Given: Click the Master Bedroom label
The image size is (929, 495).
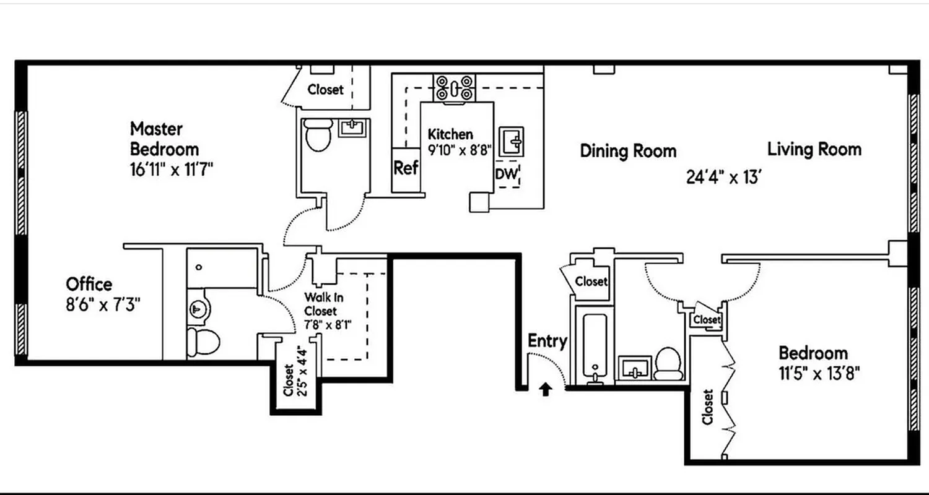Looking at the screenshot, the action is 164,139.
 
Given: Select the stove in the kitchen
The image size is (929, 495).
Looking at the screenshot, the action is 454,87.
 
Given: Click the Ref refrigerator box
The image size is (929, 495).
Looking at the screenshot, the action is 406,168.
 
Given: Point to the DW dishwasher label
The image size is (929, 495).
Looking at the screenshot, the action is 505,174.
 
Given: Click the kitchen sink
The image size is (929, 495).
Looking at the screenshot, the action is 512,142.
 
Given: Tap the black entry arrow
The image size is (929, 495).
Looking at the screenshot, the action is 545,389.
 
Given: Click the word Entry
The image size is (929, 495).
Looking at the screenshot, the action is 547,341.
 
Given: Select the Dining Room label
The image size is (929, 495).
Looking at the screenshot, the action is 628,151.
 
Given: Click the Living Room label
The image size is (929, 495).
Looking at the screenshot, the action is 814,149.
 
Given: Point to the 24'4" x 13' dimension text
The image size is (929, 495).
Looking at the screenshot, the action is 723,178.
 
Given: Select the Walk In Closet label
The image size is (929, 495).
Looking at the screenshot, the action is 324,304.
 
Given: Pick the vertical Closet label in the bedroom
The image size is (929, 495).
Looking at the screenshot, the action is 708,407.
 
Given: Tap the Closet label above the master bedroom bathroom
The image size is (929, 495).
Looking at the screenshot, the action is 325,90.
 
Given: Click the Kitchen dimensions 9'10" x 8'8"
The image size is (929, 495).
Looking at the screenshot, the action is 460,149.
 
